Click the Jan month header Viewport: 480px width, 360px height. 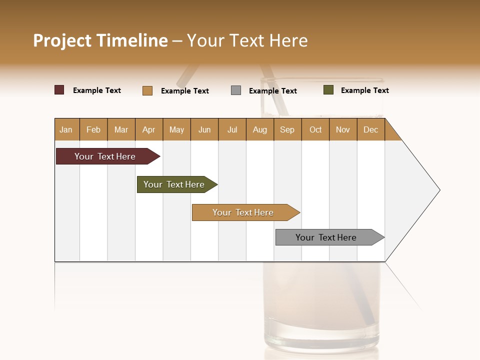(x=66, y=129)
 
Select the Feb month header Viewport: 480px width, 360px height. (x=93, y=129)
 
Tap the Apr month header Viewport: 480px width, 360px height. (x=148, y=129)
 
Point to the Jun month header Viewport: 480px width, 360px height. (x=204, y=129)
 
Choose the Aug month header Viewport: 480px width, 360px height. (x=259, y=129)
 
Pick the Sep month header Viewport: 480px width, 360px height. (x=287, y=129)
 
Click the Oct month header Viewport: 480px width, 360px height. (x=315, y=129)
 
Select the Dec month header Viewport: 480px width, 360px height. (x=370, y=129)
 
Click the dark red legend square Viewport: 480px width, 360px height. (x=59, y=90)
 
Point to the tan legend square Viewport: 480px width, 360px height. (x=147, y=90)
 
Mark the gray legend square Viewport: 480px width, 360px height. (x=236, y=90)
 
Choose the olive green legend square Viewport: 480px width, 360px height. (x=328, y=90)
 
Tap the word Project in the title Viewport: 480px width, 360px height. (x=63, y=40)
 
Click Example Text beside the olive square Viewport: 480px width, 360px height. (x=364, y=90)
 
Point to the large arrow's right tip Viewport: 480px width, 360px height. (x=439, y=190)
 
